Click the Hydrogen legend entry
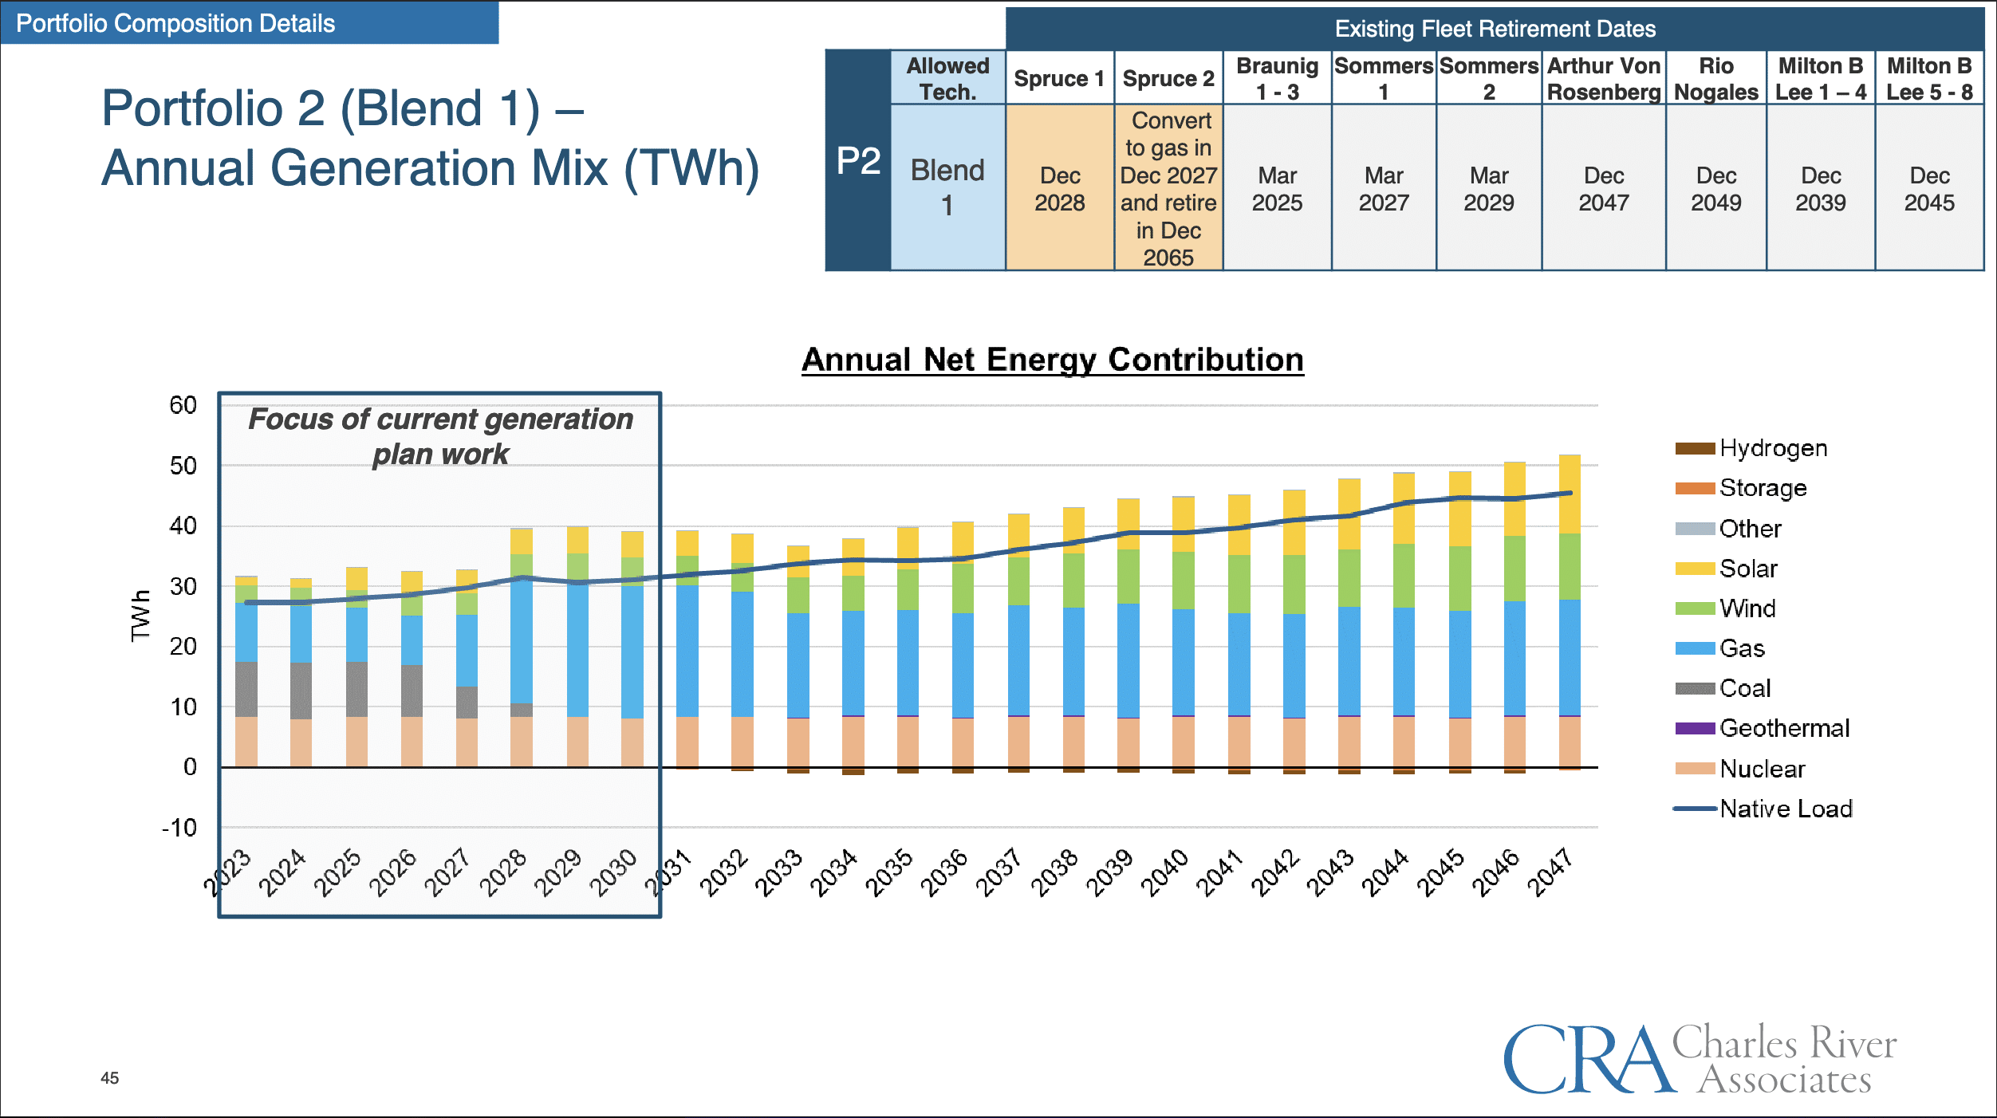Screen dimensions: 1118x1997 click(x=1772, y=448)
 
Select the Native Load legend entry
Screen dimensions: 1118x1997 click(x=1785, y=809)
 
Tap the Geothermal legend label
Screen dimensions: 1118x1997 click(x=1784, y=728)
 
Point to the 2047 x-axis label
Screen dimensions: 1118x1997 click(x=1550, y=873)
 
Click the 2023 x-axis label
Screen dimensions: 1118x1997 click(x=227, y=873)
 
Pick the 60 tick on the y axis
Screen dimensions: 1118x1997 click(x=183, y=405)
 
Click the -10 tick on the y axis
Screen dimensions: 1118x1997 click(x=179, y=828)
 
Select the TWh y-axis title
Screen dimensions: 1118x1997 click(x=140, y=616)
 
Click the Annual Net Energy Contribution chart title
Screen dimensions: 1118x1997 click(x=1052, y=360)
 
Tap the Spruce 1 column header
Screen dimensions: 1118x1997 click(x=1059, y=78)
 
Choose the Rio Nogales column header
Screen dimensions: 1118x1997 click(x=1715, y=78)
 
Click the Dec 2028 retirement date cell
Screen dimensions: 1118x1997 click(x=1059, y=189)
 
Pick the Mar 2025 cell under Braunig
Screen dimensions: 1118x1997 click(x=1277, y=189)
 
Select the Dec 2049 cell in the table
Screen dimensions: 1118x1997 click(x=1715, y=189)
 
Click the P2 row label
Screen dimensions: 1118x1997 click(x=858, y=161)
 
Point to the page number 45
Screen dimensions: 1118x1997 click(x=109, y=1078)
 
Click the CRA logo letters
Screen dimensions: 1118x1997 click(x=1587, y=1061)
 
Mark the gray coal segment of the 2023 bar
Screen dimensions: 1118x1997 click(x=246, y=689)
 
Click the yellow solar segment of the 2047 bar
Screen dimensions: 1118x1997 click(x=1570, y=494)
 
